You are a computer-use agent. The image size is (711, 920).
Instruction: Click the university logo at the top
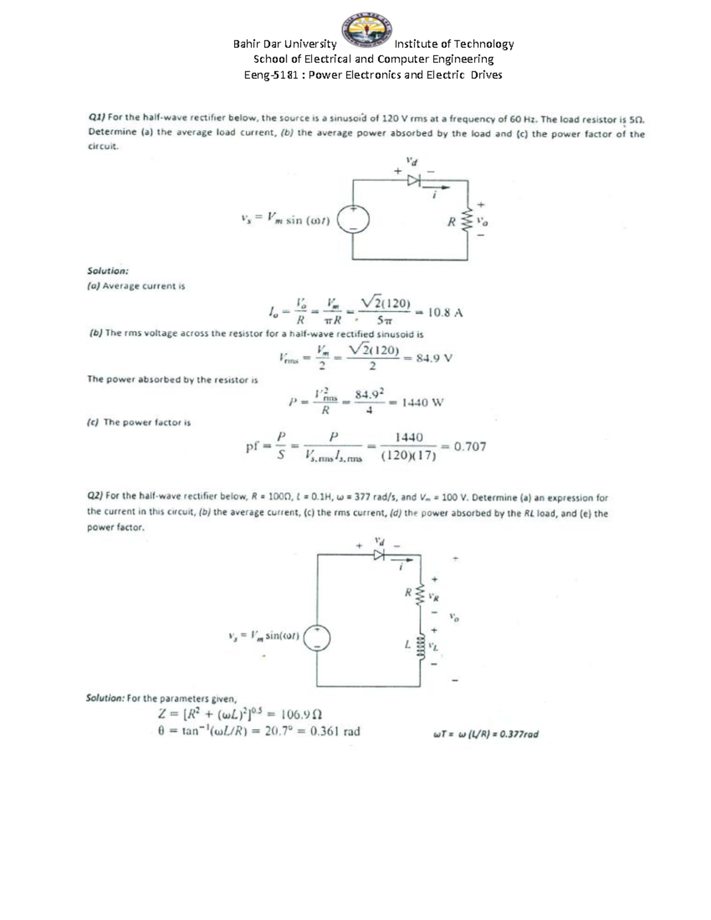point(366,30)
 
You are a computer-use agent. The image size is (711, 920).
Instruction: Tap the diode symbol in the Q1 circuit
point(413,179)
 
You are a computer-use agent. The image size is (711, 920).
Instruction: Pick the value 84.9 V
point(434,358)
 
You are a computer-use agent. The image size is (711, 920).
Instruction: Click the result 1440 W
point(422,403)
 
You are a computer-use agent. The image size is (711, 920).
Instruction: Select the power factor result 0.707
point(470,447)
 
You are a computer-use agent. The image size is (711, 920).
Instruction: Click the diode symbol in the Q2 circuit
point(379,555)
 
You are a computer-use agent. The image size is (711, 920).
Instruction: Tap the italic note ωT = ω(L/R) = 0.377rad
point(486,735)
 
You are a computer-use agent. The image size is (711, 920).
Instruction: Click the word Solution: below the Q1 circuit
point(107,271)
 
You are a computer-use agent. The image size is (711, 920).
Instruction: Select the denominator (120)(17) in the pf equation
point(409,456)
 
